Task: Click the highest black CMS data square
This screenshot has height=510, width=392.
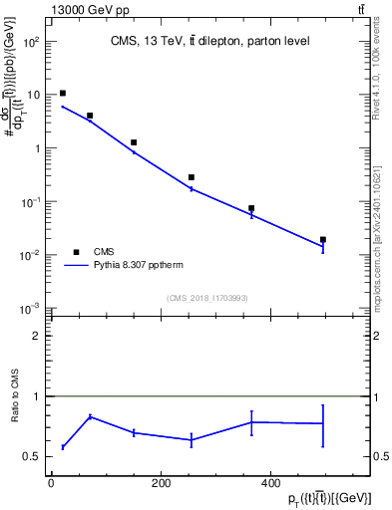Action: (63, 94)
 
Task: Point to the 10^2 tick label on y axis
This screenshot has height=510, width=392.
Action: (31, 42)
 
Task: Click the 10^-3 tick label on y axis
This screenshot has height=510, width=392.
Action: (31, 308)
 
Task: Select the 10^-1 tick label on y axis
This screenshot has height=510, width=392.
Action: (31, 201)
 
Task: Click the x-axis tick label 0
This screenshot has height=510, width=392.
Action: (51, 483)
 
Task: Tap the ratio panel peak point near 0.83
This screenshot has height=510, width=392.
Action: (90, 416)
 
